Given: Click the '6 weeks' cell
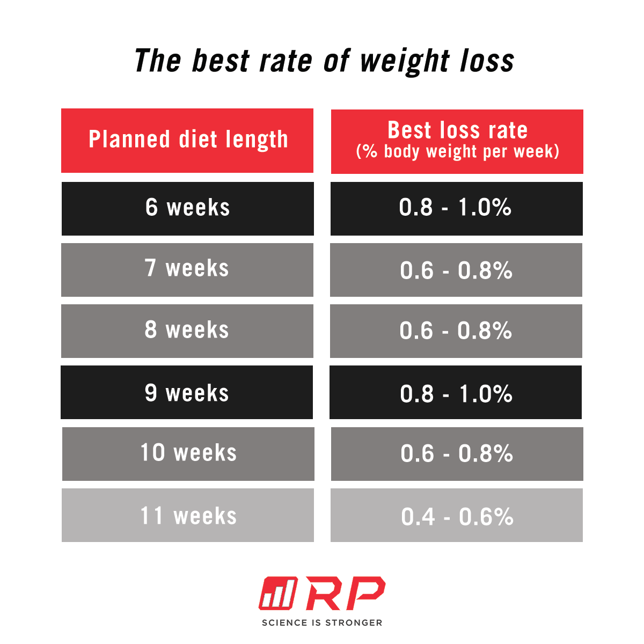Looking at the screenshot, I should coord(187,208).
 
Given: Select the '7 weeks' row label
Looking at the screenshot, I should coord(187,269).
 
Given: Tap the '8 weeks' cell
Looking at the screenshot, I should coord(187,331).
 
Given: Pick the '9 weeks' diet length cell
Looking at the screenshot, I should coord(186,392).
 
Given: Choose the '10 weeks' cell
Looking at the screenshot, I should coord(188,453).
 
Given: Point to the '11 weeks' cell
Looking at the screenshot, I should coord(188,515).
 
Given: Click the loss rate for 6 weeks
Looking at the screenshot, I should coord(456,208).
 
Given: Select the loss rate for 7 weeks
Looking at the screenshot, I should coord(456,269).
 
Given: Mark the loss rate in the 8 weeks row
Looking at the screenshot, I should coord(456,331).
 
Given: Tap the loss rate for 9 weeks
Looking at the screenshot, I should coord(455,392).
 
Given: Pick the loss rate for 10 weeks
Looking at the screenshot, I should coord(457,453).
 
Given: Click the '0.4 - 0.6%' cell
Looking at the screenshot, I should coord(457,515).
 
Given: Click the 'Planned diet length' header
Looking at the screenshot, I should coord(187,140).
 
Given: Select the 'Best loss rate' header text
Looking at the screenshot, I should coord(457,130).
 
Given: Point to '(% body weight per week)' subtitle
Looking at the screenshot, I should coord(457,152).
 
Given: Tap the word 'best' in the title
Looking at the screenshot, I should coord(221,60).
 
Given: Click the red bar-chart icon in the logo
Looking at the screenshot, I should coord(277,594).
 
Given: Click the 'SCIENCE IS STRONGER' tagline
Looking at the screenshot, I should coord(322,623).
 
